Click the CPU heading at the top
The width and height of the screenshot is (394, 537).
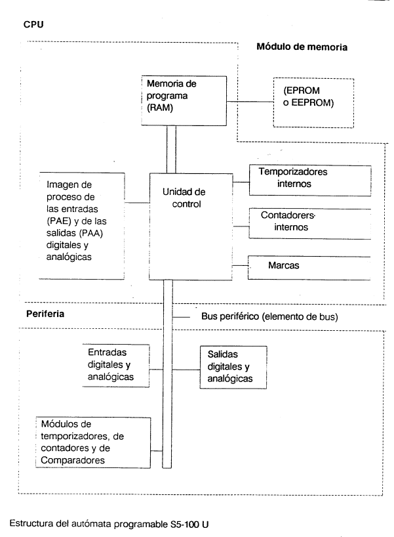click(x=33, y=25)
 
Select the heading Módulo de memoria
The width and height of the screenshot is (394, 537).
click(x=302, y=47)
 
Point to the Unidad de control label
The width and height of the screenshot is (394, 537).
click(x=184, y=198)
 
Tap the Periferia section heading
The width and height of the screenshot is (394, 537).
click(x=45, y=314)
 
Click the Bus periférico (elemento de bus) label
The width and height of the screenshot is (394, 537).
click(x=269, y=316)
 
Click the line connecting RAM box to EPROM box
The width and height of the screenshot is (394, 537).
click(x=250, y=101)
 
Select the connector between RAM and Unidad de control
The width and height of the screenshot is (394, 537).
click(x=171, y=149)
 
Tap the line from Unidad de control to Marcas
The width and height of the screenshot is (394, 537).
click(x=240, y=266)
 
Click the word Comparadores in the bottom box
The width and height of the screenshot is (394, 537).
click(x=73, y=460)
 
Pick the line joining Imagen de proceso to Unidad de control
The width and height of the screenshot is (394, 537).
click(x=137, y=203)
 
